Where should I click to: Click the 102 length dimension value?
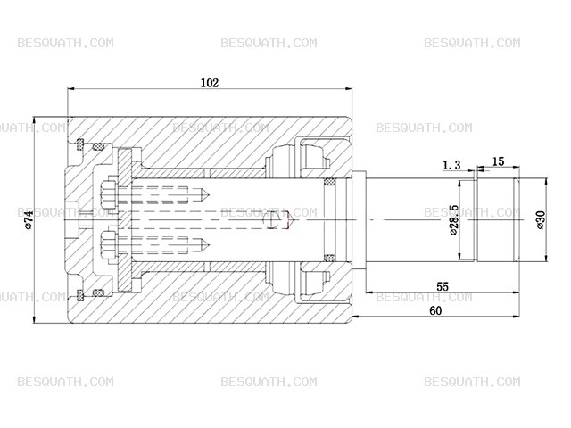[211, 83]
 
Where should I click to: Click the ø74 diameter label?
[29, 220]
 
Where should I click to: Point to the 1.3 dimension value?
[451, 165]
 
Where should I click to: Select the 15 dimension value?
[498, 161]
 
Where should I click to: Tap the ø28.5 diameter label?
[454, 220]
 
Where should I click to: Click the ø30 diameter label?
[541, 220]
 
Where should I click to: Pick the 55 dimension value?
[443, 286]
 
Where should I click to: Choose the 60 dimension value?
[435, 310]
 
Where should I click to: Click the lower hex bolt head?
[108, 245]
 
